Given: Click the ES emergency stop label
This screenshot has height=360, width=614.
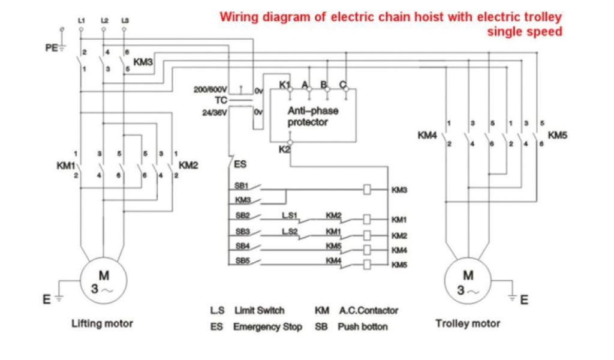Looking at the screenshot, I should (x=239, y=163).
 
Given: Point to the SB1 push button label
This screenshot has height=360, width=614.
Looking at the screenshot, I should (x=242, y=185).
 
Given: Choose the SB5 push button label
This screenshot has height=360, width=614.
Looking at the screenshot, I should (x=242, y=260).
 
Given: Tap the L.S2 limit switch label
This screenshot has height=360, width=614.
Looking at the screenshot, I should (x=290, y=230).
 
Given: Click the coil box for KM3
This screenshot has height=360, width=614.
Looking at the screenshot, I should (x=368, y=190).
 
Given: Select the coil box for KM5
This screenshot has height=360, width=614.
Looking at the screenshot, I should (x=368, y=264).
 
